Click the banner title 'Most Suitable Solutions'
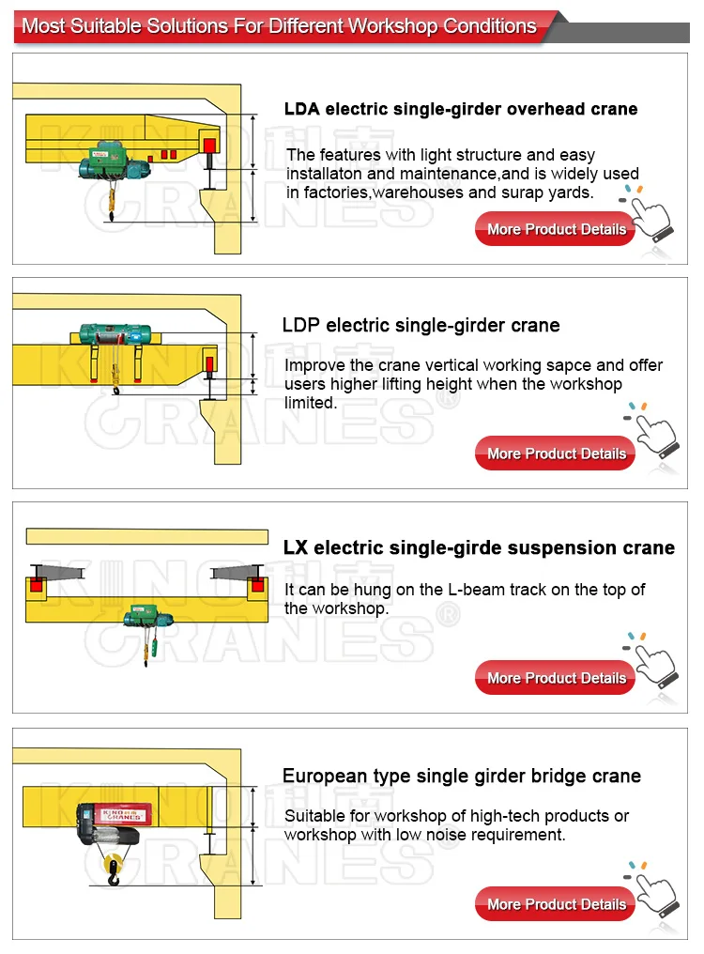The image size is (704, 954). click(x=279, y=25)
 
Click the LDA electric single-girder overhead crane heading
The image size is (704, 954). click(x=460, y=109)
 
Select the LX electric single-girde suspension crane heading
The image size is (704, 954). click(x=479, y=547)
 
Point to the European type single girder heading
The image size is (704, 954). click(x=462, y=777)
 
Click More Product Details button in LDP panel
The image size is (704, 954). click(x=556, y=454)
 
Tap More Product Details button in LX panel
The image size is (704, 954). click(x=556, y=678)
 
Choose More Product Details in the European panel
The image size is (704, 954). click(x=556, y=904)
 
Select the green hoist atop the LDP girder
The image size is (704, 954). click(x=115, y=333)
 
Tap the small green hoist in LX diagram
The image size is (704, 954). click(x=145, y=616)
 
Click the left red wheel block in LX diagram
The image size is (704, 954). click(x=38, y=585)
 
